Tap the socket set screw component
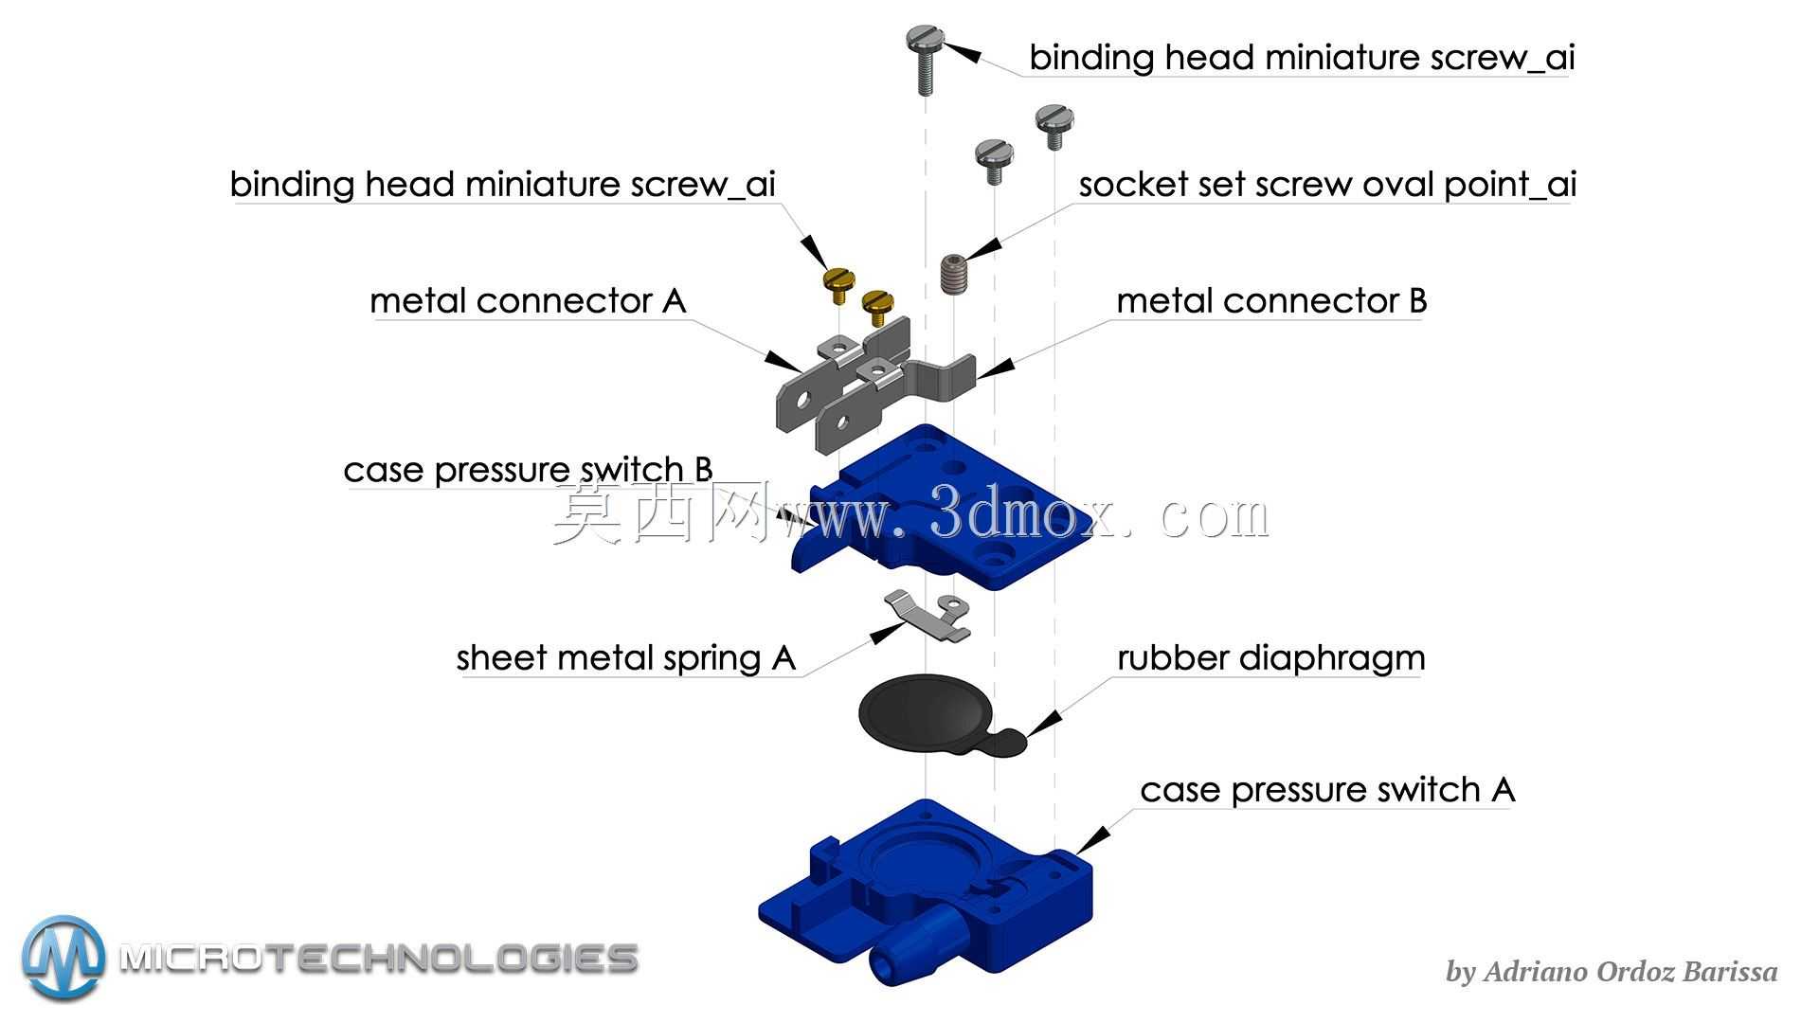[x=953, y=274]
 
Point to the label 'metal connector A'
[x=528, y=301]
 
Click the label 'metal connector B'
[x=1271, y=301]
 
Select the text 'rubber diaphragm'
[x=1270, y=658]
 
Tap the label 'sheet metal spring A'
[x=625, y=658]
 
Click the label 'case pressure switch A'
[x=1327, y=790]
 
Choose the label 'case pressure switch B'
[x=528, y=470]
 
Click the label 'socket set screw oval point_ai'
[x=1327, y=185]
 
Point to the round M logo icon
[x=63, y=958]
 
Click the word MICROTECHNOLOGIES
[x=379, y=959]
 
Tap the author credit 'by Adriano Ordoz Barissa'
[x=1612, y=972]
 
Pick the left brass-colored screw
[x=837, y=284]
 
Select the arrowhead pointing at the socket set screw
[x=982, y=247]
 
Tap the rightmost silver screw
[x=1054, y=126]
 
